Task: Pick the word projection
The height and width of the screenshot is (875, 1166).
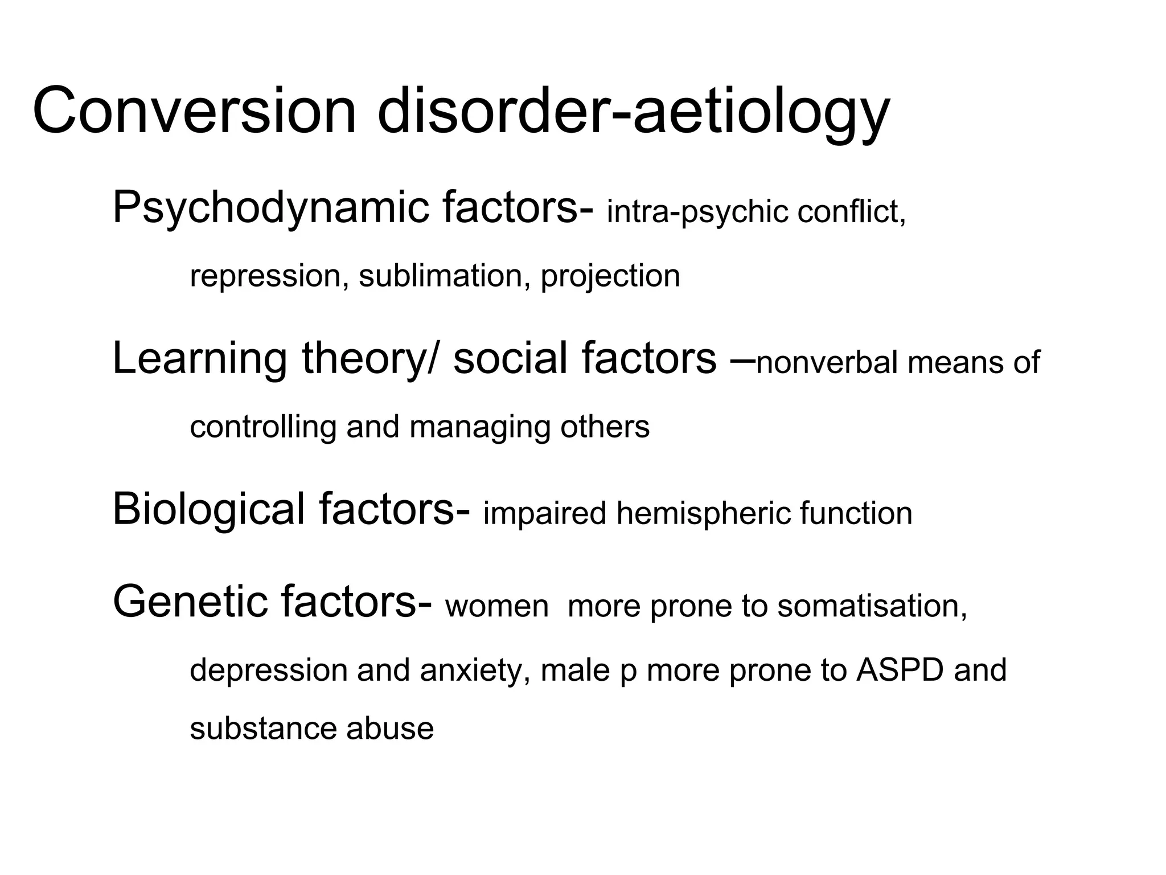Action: [x=610, y=276]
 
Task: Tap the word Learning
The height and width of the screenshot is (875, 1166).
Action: [x=199, y=359]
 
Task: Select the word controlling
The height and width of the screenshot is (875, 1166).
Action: [x=263, y=427]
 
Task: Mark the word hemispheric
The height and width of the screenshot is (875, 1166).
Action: [x=703, y=513]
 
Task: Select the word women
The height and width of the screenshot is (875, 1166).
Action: [x=497, y=606]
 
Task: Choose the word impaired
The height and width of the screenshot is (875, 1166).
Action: [x=545, y=513]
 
